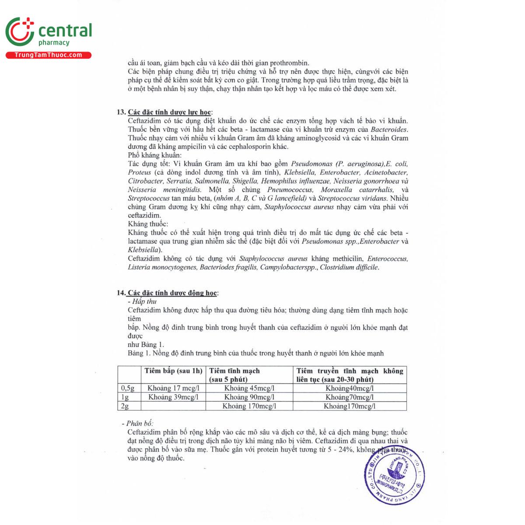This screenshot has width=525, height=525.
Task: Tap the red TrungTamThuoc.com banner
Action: pos(48,55)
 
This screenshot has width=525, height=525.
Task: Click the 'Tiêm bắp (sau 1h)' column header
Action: pos(174,371)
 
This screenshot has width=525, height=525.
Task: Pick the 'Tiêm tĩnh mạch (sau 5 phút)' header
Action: pos(235,375)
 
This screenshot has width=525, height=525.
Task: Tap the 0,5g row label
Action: pos(127,388)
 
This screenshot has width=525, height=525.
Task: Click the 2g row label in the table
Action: pos(125,406)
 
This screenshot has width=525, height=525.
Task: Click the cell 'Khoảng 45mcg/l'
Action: pos(249,388)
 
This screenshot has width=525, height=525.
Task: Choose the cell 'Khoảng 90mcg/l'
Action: pos(249,397)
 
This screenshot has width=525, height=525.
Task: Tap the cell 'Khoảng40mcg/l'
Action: pos(350,388)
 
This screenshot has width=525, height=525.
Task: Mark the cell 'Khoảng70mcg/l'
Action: pos(350,397)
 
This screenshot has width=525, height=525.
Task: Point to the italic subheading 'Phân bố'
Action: pos(139,423)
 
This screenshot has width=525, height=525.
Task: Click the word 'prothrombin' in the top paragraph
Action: pos(289,63)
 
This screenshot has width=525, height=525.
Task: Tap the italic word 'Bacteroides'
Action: pos(389,129)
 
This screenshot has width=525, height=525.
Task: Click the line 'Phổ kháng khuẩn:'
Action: pos(155,155)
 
